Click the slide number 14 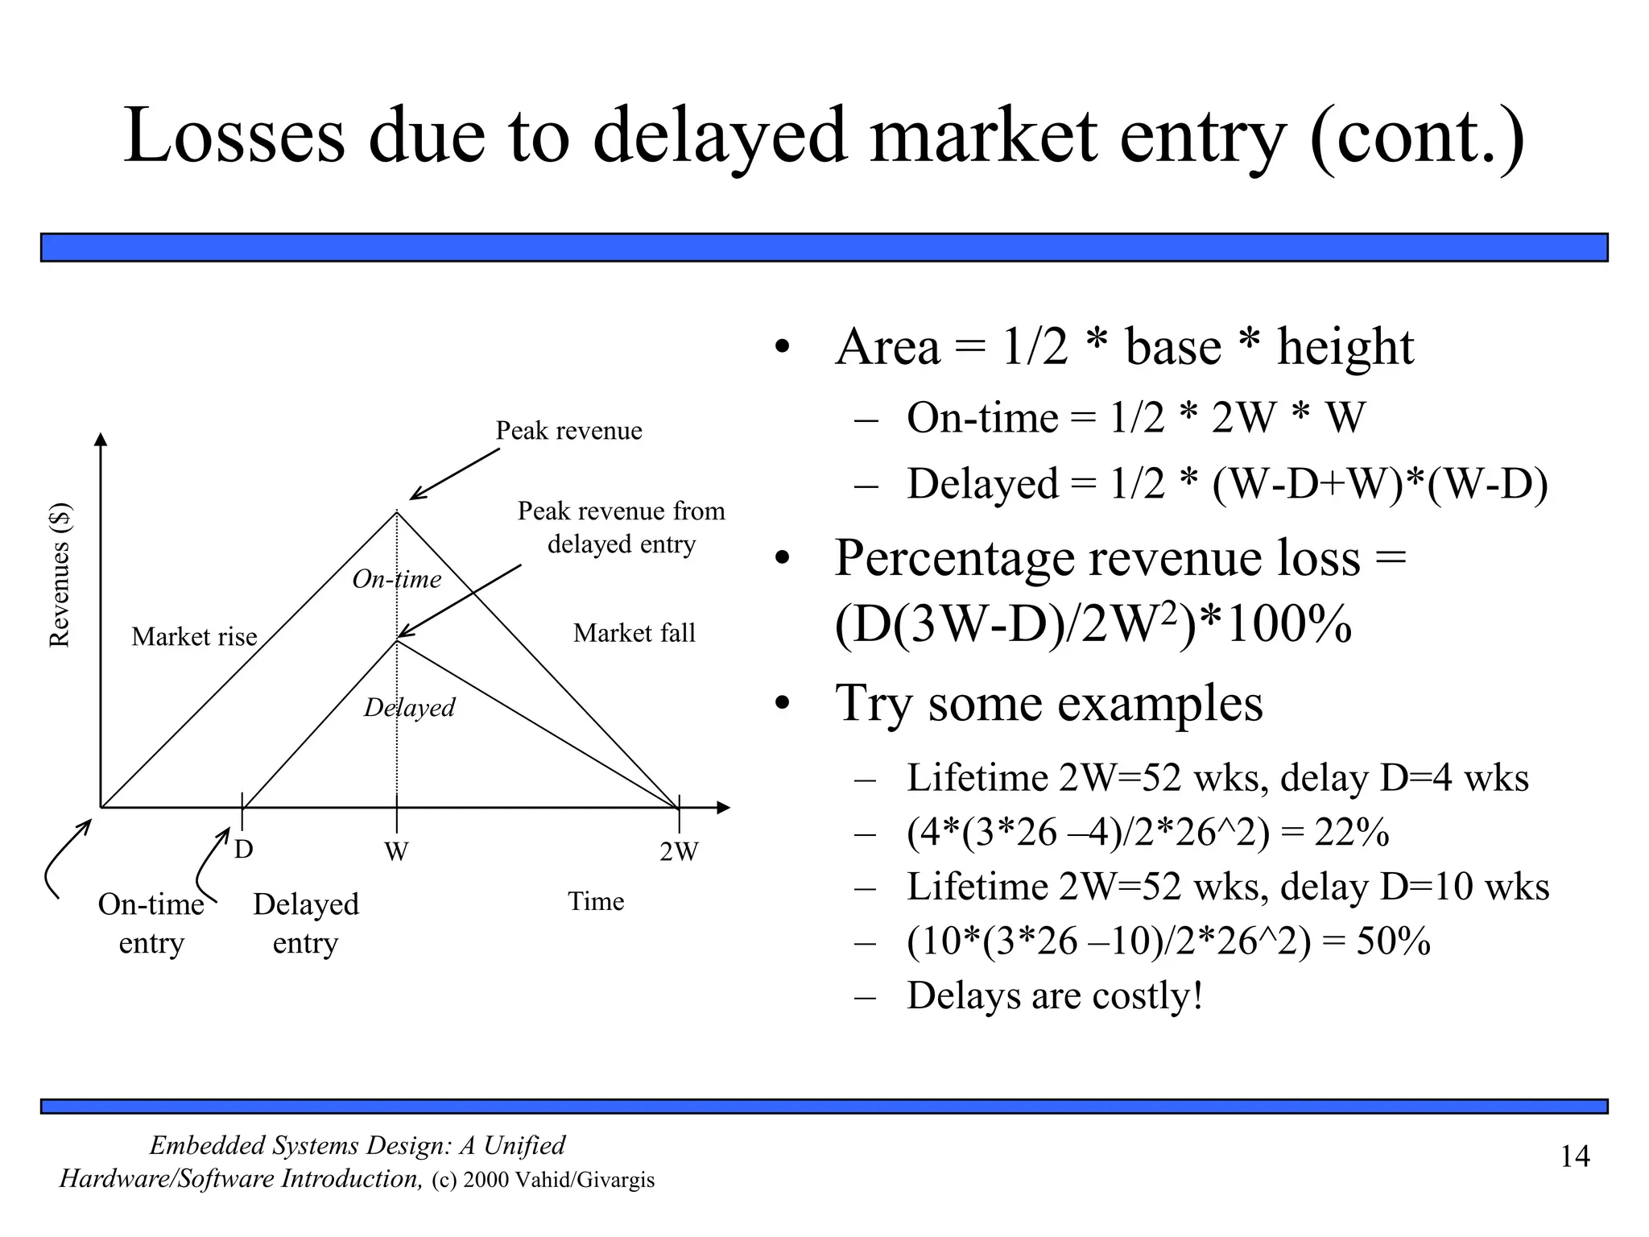[1575, 1157]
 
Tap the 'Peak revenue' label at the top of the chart [568, 431]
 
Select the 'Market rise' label [194, 637]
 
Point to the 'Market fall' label [634, 633]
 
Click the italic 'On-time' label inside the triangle [397, 579]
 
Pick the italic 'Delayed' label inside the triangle [409, 708]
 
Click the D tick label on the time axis [243, 850]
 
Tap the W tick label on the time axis [396, 851]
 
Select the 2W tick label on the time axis [679, 851]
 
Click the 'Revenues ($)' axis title [60, 575]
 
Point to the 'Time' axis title [596, 901]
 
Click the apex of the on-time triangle [397, 512]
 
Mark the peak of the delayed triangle [397, 640]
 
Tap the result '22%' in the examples [1351, 832]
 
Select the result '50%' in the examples [1393, 941]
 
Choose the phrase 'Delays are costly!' [1055, 995]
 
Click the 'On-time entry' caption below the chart [151, 923]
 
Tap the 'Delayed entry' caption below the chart [306, 923]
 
